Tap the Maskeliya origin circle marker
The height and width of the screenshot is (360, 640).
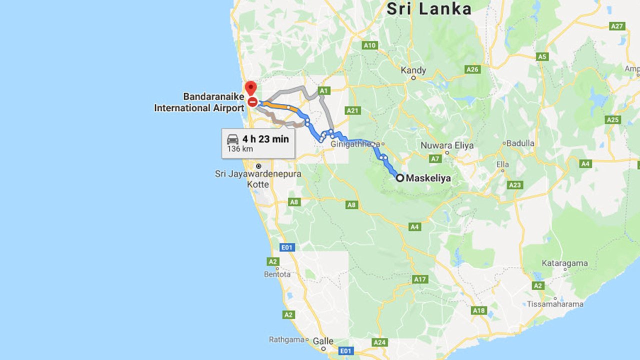400,177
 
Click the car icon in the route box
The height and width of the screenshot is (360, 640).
232,139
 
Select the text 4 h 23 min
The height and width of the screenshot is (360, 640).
265,139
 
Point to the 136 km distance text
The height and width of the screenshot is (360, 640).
240,149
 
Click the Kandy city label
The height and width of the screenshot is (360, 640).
413,70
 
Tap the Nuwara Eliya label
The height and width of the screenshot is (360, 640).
447,146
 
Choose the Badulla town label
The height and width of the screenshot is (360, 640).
520,143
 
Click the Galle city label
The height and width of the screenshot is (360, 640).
323,341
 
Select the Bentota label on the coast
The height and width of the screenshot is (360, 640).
276,274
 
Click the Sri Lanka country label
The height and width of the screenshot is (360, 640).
429,9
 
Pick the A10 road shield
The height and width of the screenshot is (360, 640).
369,45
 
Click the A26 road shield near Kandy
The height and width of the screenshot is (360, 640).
472,69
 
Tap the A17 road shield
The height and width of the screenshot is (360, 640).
419,279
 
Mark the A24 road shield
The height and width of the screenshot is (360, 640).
379,342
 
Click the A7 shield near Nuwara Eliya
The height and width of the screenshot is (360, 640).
435,159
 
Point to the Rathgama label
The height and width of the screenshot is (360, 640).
286,339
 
